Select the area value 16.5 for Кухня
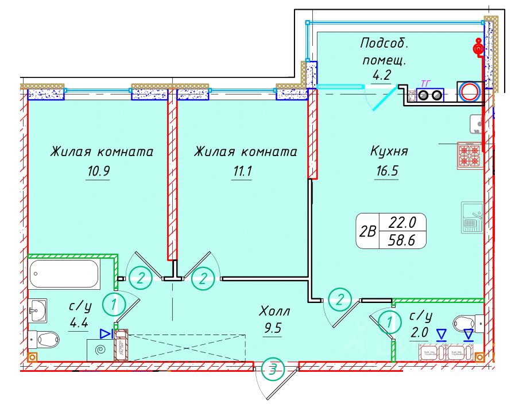pyautogui.click(x=386, y=170)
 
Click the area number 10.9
pyautogui.click(x=98, y=171)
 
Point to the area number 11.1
pyautogui.click(x=242, y=171)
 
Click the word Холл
pyautogui.click(x=275, y=312)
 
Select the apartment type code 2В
pyautogui.click(x=367, y=231)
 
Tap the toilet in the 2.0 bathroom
pyautogui.click(x=466, y=322)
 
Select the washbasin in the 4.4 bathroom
pyautogui.click(x=38, y=310)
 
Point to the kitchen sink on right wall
pyautogui.click(x=471, y=217)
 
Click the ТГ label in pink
pyautogui.click(x=426, y=83)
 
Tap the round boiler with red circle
pyautogui.click(x=470, y=92)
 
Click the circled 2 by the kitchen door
pyautogui.click(x=341, y=298)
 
